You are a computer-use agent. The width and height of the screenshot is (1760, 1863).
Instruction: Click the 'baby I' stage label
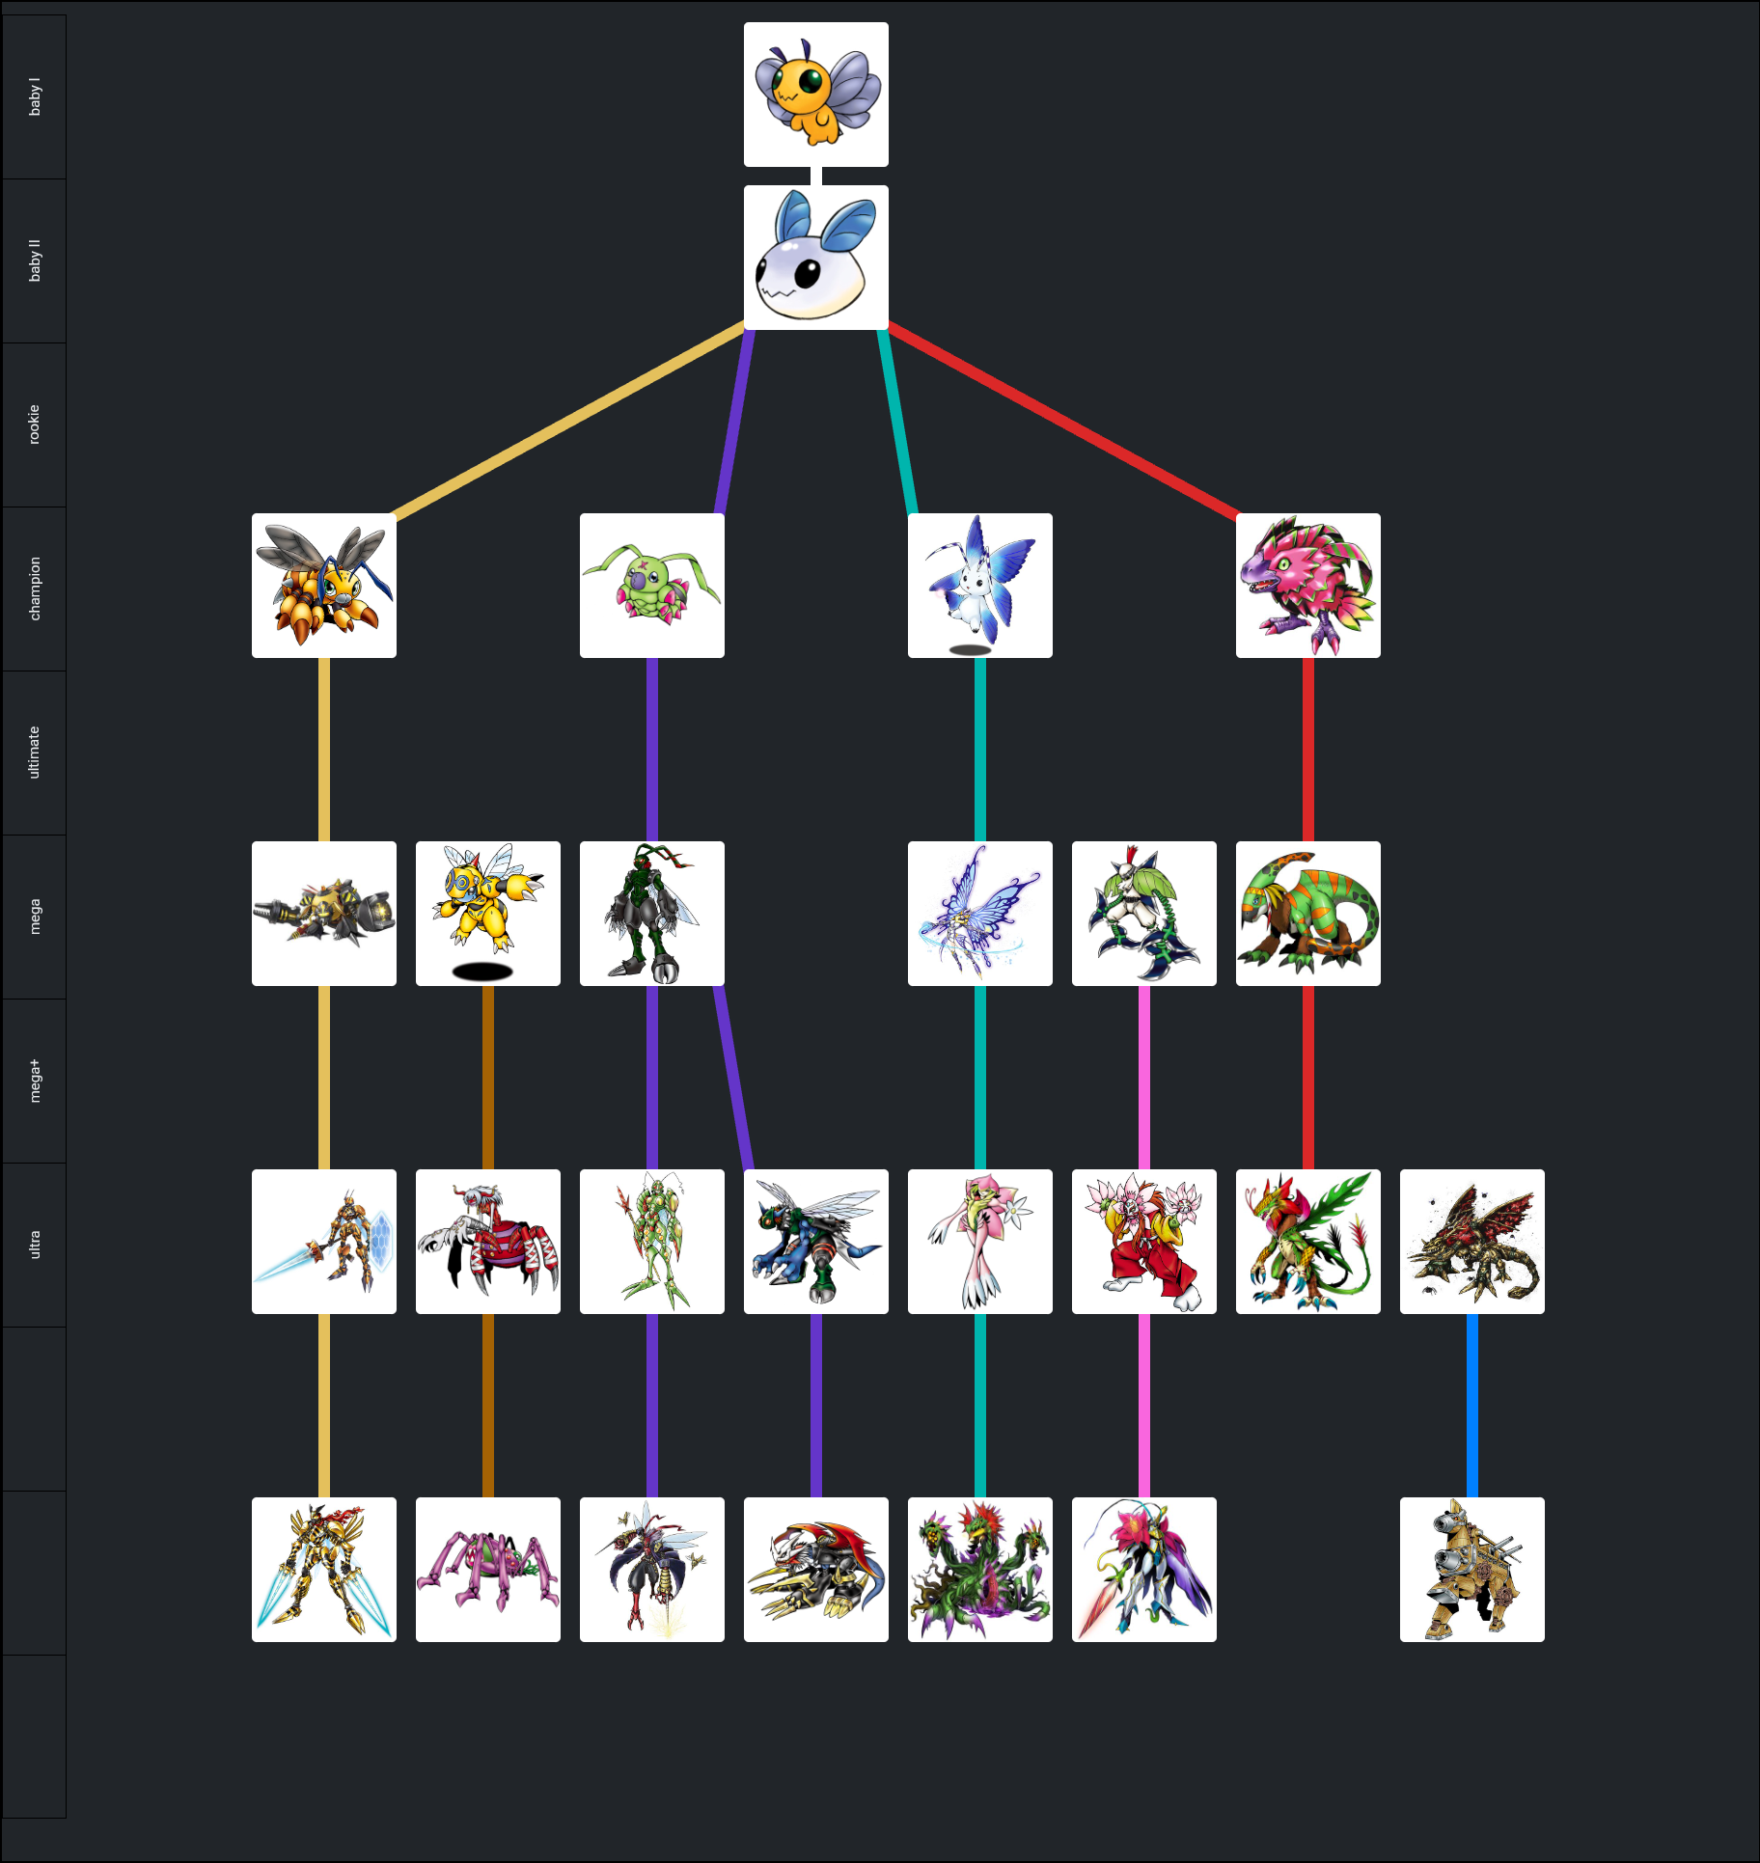35,97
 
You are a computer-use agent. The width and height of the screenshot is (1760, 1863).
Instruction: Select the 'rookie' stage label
35,425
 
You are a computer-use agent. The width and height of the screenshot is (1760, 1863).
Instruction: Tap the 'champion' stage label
35,589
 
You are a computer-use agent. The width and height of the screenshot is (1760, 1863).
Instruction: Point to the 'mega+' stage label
35,1081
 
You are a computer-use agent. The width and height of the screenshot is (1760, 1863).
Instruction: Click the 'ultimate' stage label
35,753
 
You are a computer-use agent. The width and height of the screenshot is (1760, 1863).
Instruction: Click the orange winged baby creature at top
815,95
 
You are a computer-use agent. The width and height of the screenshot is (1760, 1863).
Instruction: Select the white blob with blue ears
815,258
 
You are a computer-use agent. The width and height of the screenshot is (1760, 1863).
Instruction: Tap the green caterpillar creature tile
651,586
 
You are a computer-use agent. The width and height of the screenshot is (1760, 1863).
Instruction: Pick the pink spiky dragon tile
1307,586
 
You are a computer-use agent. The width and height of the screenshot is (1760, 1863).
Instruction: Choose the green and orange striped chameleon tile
1307,914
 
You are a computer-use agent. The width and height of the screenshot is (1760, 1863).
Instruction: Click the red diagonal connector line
1061,421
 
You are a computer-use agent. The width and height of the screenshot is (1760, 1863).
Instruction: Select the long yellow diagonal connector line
569,421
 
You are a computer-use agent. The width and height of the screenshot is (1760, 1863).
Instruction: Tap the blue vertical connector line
1471,1405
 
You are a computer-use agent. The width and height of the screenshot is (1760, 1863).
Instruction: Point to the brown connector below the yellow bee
487,1077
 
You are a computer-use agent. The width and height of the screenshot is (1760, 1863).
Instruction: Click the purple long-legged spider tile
487,1570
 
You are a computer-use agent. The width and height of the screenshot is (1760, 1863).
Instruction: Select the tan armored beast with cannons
1471,1570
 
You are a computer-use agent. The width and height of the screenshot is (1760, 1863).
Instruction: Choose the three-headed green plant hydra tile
979,1570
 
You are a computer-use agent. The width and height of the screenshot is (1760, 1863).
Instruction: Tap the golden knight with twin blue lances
323,1570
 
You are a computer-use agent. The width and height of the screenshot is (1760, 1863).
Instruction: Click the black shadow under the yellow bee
482,972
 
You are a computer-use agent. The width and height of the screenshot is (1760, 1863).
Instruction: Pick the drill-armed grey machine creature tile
323,914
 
